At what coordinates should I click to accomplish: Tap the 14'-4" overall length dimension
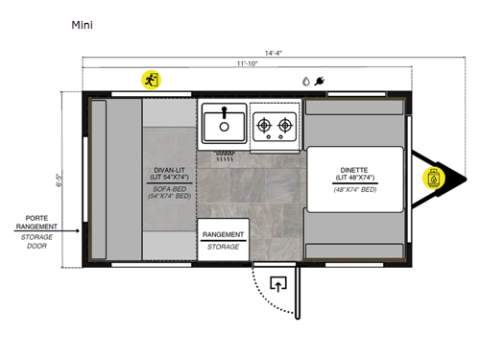(x=247, y=52)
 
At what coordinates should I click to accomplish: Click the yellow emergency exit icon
(x=151, y=81)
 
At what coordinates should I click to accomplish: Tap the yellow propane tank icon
(x=435, y=178)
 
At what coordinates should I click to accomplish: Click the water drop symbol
(x=305, y=82)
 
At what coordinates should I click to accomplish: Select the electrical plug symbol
(x=319, y=82)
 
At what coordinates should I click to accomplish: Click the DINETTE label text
(x=352, y=169)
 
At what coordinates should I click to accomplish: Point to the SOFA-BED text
(x=169, y=191)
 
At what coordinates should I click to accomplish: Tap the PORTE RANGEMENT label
(x=36, y=222)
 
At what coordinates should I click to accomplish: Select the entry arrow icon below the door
(x=279, y=284)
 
